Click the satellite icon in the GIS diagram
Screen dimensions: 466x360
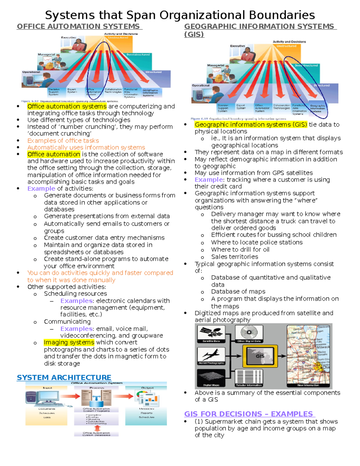tap(211, 332)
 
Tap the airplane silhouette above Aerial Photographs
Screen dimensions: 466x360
tap(211, 355)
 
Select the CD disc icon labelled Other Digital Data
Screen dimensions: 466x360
tap(249, 332)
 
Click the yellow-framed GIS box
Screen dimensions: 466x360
tap(260, 356)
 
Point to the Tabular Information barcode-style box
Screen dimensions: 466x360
tap(249, 377)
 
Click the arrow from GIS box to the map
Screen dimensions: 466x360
tap(282, 356)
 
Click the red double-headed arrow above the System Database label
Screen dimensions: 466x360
tap(97, 428)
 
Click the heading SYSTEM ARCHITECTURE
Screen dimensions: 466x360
tap(64, 377)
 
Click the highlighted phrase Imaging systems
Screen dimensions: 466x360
tap(69, 342)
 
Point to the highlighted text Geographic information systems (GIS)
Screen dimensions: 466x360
tap(251, 125)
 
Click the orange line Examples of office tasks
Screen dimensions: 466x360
tap(63, 140)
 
